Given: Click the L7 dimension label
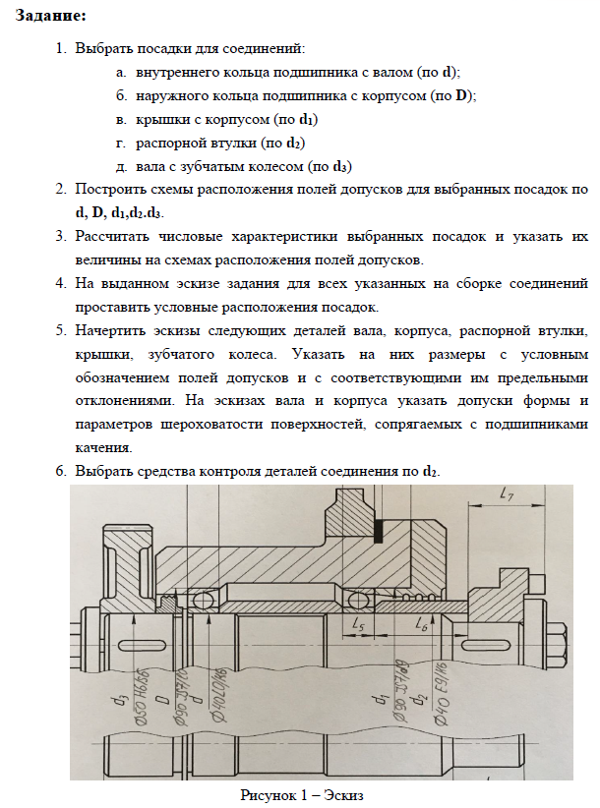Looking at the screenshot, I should coord(508,495).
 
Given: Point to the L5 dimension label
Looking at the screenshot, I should coord(359,623).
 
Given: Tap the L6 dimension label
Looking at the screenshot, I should coord(420,623).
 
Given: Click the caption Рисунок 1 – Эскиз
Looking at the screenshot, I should coord(302,794).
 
